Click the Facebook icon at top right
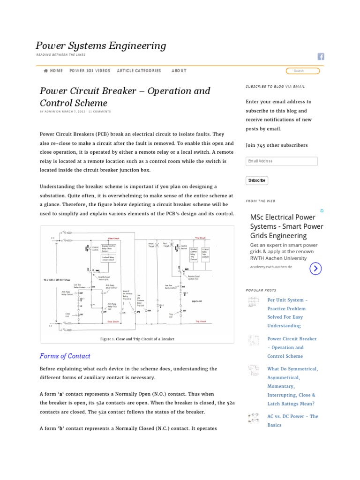pyautogui.click(x=321, y=56)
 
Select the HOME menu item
pyautogui.click(x=53, y=71)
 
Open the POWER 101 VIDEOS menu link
pyautogui.click(x=90, y=71)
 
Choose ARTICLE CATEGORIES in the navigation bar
pyautogui.click(x=139, y=71)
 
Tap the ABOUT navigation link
pyautogui.click(x=179, y=71)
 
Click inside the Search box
pyautogui.click(x=302, y=71)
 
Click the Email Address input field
pyautogui.click(x=281, y=161)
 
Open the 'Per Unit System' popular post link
pyautogui.click(x=287, y=300)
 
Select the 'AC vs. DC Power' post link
pyautogui.click(x=292, y=416)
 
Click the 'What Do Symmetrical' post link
pyautogui.click(x=292, y=369)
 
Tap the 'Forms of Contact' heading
pyautogui.click(x=65, y=356)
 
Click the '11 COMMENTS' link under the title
pyautogui.click(x=100, y=112)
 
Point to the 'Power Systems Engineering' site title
pyautogui.click(x=101, y=45)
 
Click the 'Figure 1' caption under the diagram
pyautogui.click(x=137, y=338)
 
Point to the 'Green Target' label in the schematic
pyautogui.click(x=151, y=245)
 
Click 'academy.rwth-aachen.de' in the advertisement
pyautogui.click(x=271, y=267)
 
